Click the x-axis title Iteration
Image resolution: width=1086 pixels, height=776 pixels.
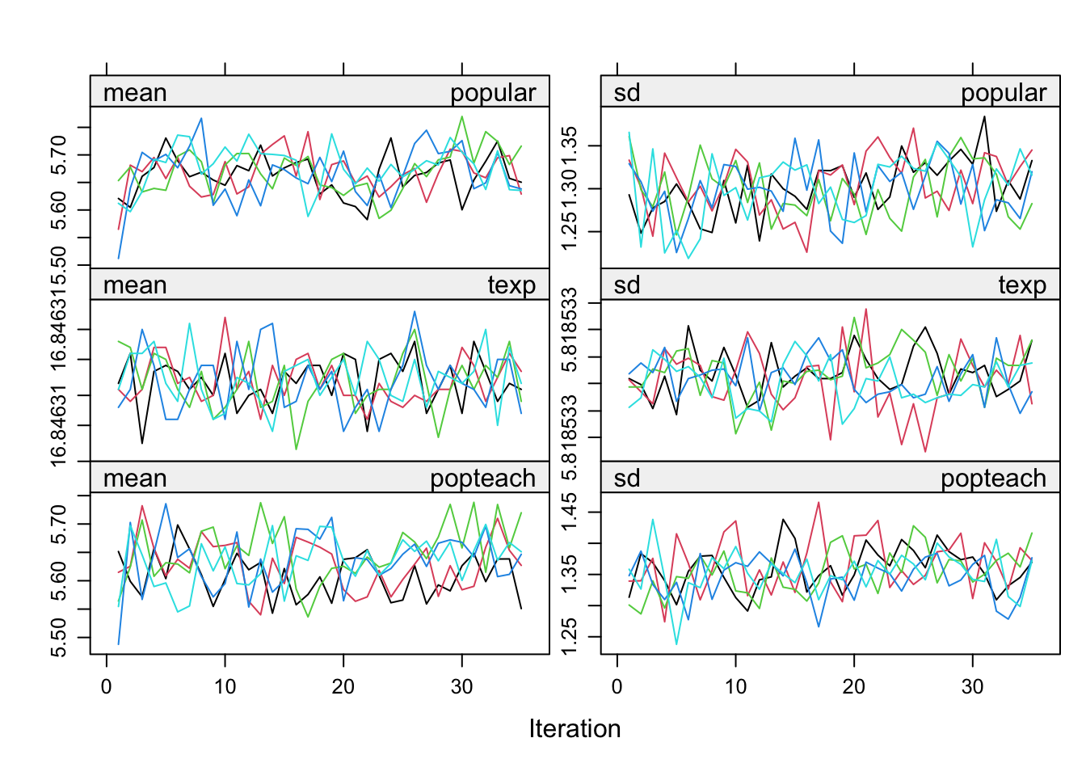point(575,728)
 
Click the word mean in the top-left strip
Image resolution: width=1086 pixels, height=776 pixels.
point(135,93)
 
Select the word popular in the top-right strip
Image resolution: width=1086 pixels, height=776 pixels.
point(1003,93)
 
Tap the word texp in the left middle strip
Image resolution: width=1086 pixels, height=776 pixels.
point(511,285)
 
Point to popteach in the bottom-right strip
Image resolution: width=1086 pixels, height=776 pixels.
point(993,479)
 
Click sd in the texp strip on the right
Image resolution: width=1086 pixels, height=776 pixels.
point(627,285)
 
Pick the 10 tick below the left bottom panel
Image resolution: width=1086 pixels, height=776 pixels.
point(225,686)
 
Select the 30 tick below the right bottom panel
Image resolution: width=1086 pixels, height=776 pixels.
point(972,686)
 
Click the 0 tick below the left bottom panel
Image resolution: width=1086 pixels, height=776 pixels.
point(107,686)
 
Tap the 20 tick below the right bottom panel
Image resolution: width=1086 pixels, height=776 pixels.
point(854,686)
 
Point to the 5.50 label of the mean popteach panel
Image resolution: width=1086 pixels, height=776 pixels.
point(58,638)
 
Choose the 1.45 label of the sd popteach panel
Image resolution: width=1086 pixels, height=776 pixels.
point(569,512)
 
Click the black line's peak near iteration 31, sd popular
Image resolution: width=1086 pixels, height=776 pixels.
point(984,116)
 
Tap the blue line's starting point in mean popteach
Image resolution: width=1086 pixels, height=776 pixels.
point(119,644)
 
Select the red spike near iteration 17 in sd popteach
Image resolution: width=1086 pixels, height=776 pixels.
point(819,502)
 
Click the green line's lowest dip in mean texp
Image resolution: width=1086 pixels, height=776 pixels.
point(297,449)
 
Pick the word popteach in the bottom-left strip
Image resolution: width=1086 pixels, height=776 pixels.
point(482,479)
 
